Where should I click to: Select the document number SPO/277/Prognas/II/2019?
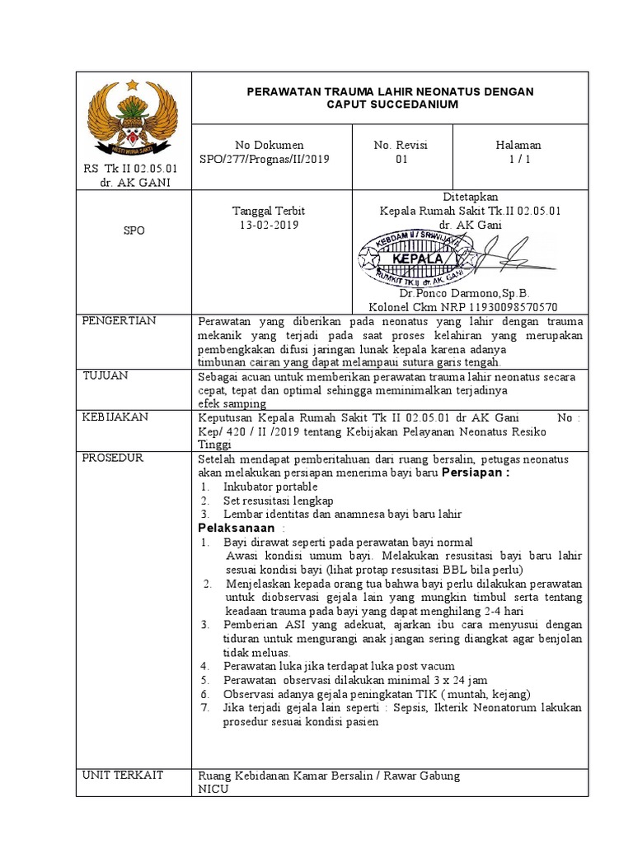270,160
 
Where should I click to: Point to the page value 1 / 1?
518,160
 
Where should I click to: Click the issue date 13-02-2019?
270,225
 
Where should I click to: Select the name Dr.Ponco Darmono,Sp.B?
464,293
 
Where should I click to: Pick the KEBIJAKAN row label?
115,417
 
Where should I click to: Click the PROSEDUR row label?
113,458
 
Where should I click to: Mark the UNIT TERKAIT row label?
123,775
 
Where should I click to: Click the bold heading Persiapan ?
476,473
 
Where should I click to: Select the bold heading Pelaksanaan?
236,528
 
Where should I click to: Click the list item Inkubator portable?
270,487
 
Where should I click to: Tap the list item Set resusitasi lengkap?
278,501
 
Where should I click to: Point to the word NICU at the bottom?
214,789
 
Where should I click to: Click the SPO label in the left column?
134,231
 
